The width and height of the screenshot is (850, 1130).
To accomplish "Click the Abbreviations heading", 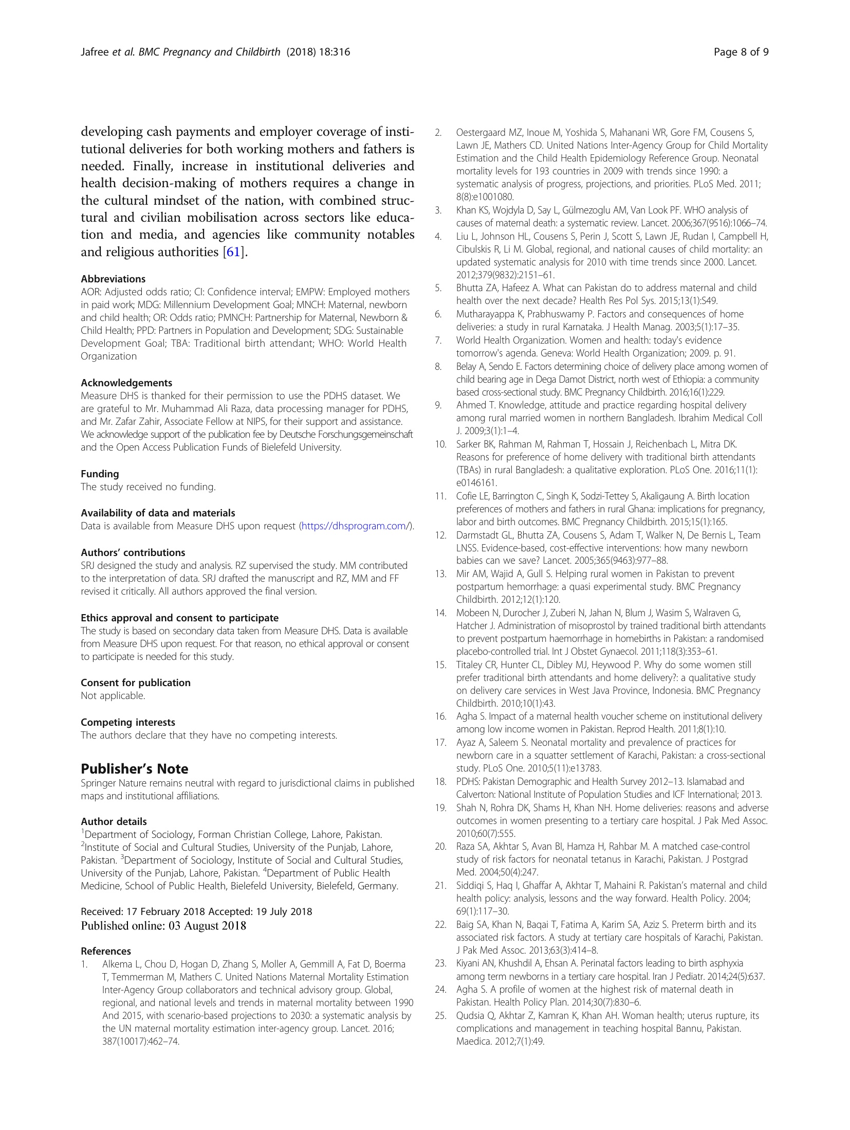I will pyautogui.click(x=113, y=279).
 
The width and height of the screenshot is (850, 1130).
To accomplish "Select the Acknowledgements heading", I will pyautogui.click(x=126, y=383).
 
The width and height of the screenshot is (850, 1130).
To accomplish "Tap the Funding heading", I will pyautogui.click(x=100, y=474).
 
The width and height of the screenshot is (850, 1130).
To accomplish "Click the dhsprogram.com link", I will pyautogui.click(x=355, y=526).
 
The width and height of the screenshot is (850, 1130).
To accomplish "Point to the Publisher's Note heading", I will pyautogui.click(x=135, y=768).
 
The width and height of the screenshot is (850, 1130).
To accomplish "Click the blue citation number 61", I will pyautogui.click(x=233, y=252).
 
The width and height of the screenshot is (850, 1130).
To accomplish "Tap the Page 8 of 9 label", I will pyautogui.click(x=741, y=52).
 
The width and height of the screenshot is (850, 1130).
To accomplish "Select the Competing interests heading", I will pyautogui.click(x=128, y=722).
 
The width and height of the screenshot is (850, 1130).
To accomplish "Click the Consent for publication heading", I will pyautogui.click(x=136, y=683).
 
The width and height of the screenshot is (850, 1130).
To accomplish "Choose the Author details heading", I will pyautogui.click(x=114, y=821).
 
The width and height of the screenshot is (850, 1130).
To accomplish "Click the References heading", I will pyautogui.click(x=106, y=951).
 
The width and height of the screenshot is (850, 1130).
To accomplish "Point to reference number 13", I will pyautogui.click(x=440, y=574).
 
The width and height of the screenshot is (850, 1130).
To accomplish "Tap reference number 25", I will pyautogui.click(x=440, y=1016).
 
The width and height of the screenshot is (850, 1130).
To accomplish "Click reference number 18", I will pyautogui.click(x=440, y=782).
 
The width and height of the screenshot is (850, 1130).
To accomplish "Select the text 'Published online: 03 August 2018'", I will pyautogui.click(x=163, y=926).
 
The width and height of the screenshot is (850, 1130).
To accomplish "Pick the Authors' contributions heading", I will pyautogui.click(x=133, y=552).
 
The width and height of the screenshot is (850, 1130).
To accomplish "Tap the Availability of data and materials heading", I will pyautogui.click(x=158, y=513).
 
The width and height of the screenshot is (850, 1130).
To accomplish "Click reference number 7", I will pyautogui.click(x=438, y=340).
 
